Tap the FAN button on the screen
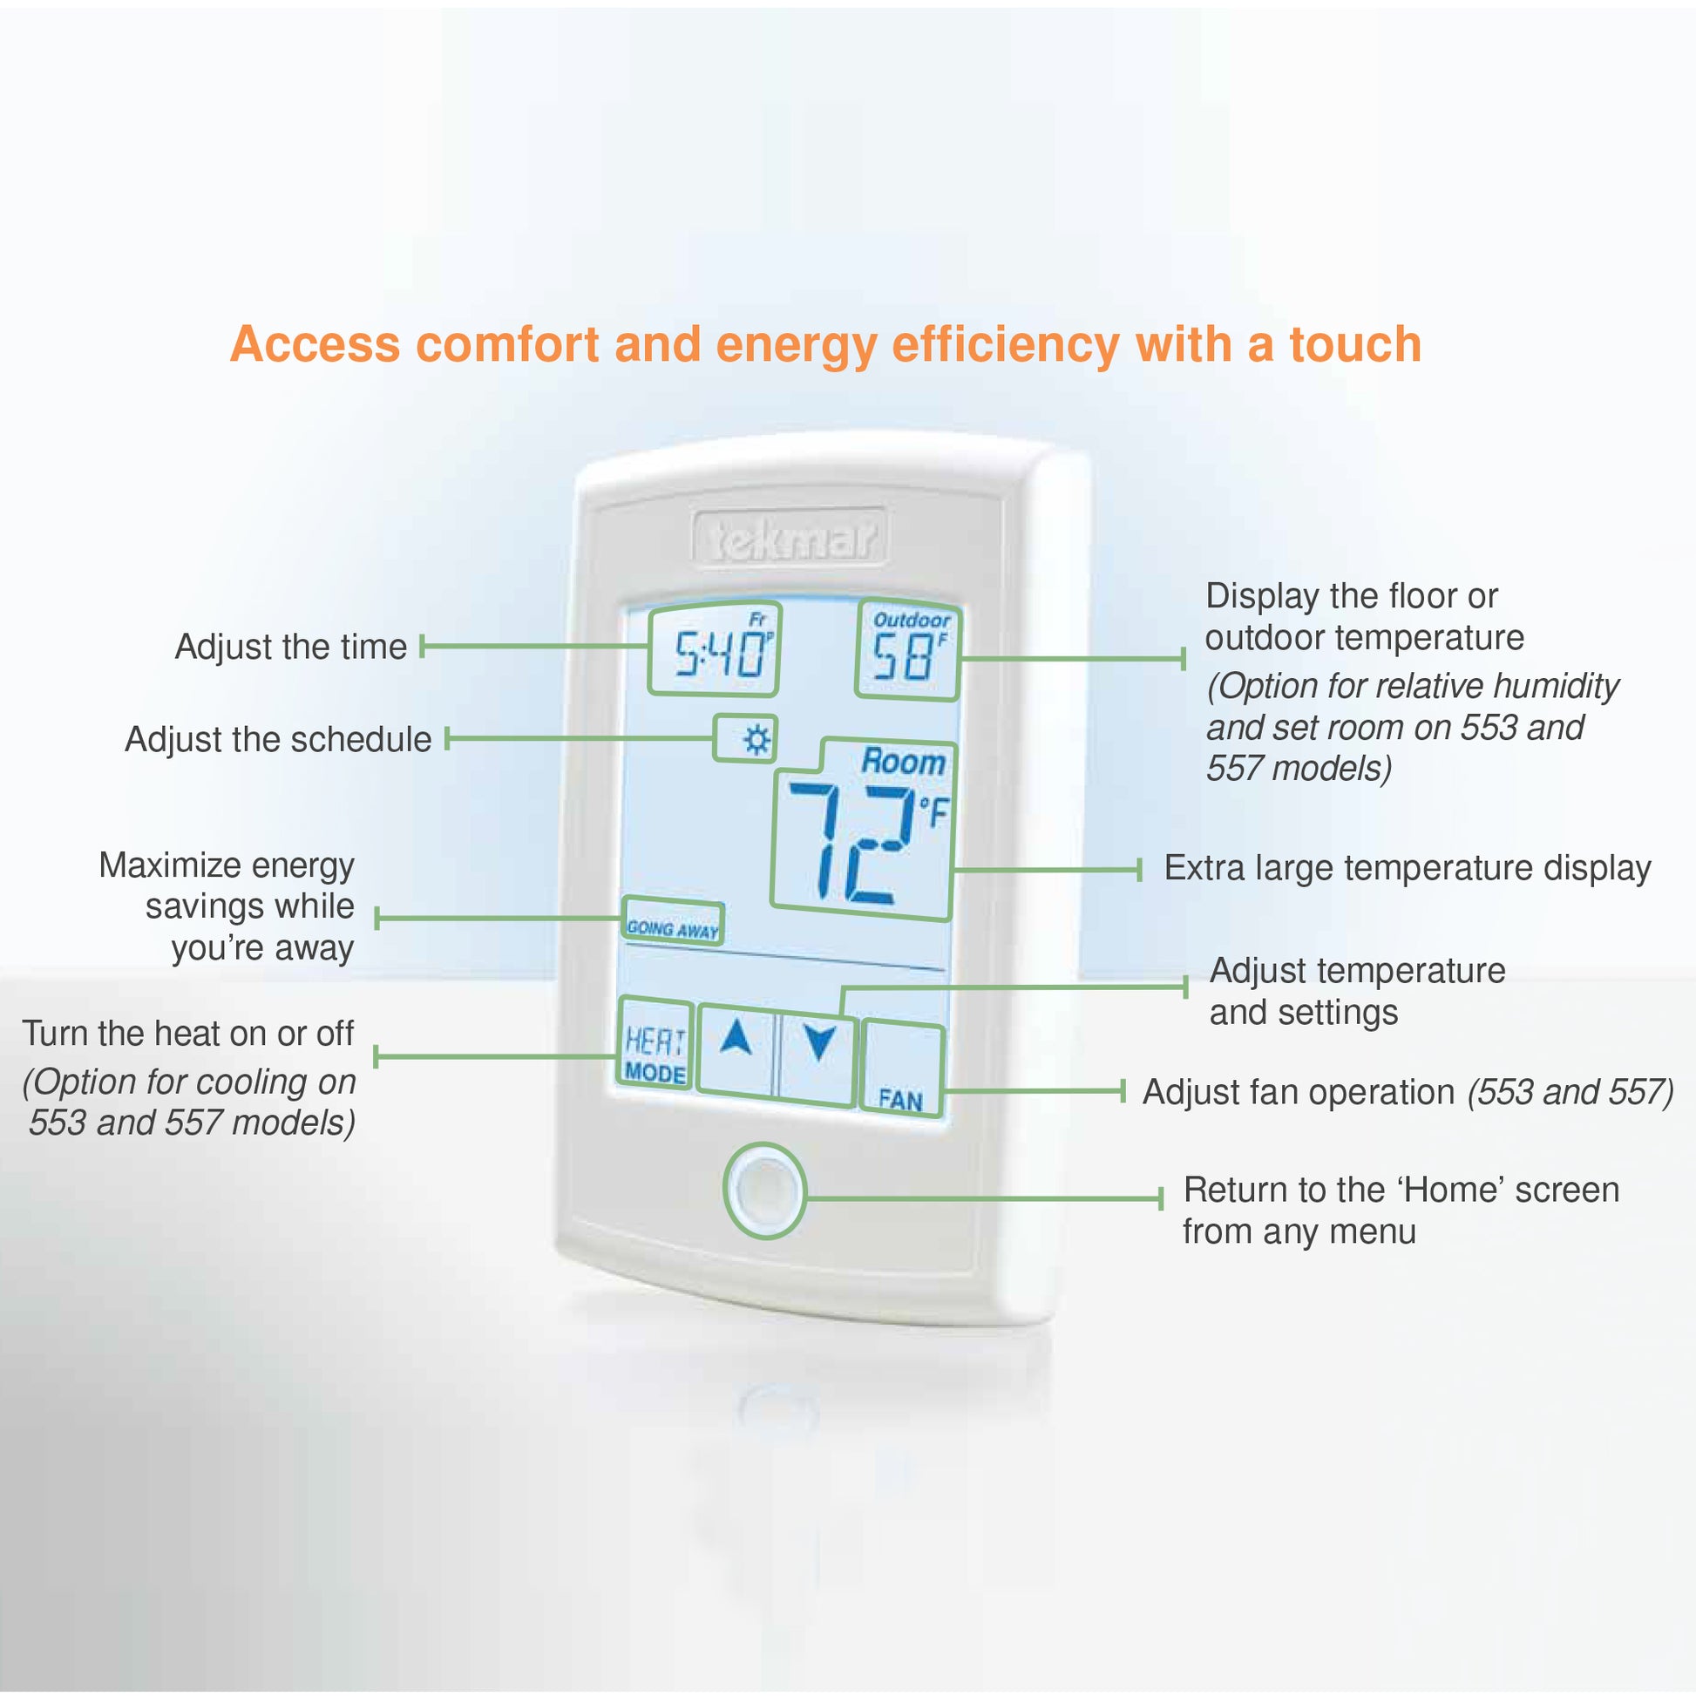(902, 1068)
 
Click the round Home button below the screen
(764, 1191)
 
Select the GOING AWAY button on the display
(673, 921)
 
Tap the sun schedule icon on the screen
(746, 738)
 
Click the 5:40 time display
(715, 648)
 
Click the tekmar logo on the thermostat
(790, 538)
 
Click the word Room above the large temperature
(903, 761)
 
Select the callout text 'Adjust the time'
(290, 647)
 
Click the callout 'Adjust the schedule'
(278, 739)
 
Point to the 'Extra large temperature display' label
(1408, 868)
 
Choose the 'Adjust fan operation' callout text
(1299, 1092)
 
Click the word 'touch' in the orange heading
(1354, 343)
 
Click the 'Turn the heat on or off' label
(188, 1034)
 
